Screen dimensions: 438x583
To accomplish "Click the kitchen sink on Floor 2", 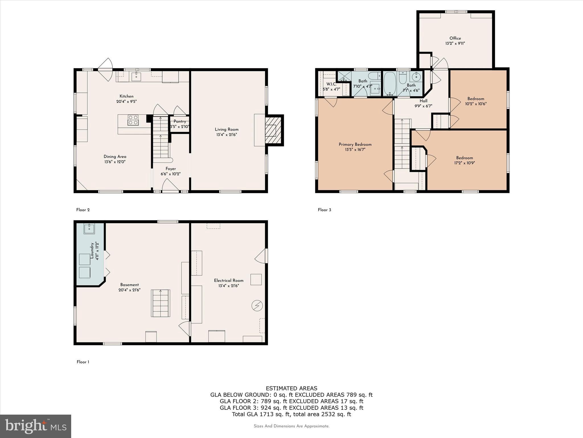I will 136,76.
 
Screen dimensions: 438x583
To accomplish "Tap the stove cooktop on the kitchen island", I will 133,120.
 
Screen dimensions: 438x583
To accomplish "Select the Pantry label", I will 180,121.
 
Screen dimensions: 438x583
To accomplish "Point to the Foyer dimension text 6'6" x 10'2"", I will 171,174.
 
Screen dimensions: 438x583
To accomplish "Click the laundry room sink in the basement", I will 89,229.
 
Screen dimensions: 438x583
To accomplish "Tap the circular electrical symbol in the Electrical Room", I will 257,306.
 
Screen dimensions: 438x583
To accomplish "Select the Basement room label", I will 130,285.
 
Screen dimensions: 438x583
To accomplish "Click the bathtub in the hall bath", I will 390,84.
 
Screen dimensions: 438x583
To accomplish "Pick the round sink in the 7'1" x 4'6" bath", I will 416,77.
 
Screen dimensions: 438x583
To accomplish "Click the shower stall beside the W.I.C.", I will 344,76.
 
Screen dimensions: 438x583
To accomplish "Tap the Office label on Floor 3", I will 455,38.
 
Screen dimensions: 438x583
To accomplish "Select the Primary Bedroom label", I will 355,144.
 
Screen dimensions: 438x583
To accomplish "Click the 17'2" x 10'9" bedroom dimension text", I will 465,163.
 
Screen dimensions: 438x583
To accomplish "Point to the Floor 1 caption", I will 83,362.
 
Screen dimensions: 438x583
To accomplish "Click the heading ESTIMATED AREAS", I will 291,388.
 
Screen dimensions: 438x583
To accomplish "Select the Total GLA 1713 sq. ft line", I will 291,414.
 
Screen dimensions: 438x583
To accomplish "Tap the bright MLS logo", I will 36,426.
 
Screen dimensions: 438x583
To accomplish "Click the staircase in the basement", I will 161,303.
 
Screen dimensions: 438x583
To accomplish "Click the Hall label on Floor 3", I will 423,101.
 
